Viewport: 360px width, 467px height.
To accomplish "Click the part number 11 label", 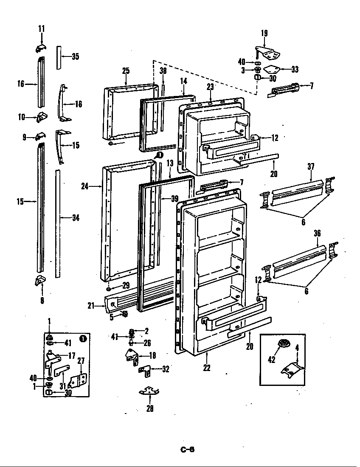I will point(41,29).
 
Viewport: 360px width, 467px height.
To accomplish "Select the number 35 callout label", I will point(75,56).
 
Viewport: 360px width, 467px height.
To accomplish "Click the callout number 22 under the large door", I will point(206,368).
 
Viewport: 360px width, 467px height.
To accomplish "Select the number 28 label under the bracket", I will point(150,408).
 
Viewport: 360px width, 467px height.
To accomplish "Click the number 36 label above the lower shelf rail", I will point(317,233).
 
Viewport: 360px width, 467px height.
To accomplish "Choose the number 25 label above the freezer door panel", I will point(126,70).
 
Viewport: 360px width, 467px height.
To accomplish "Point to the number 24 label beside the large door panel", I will point(85,186).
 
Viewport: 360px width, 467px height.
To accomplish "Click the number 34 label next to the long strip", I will point(76,218).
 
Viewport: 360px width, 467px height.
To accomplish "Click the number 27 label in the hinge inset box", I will point(81,360).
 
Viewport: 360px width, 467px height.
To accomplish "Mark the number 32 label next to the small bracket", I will point(165,369).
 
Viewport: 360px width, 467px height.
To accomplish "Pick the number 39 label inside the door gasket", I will point(174,199).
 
